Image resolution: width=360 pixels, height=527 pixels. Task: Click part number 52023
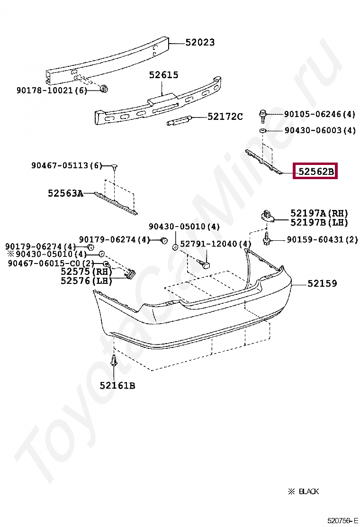(199, 43)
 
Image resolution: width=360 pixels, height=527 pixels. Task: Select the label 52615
(163, 75)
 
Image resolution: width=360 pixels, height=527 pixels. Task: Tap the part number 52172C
(225, 117)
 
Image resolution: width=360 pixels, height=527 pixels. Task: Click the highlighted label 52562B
(315, 172)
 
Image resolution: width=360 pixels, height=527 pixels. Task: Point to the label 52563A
(65, 193)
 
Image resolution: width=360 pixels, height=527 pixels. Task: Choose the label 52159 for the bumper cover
(322, 284)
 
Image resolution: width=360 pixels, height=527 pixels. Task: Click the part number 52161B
(117, 386)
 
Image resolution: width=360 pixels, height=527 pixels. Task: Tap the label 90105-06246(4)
(320, 114)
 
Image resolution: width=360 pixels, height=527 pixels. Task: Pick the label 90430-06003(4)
(320, 130)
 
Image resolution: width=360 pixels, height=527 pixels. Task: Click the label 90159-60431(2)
(322, 240)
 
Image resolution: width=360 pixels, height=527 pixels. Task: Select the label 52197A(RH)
(319, 213)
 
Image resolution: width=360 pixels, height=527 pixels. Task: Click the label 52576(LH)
(86, 281)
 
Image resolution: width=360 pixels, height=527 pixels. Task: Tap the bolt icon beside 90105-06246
(263, 114)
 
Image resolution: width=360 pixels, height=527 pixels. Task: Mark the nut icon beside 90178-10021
(104, 88)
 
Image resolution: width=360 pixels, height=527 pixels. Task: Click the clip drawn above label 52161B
(114, 362)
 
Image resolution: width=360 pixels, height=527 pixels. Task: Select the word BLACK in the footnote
(308, 491)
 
